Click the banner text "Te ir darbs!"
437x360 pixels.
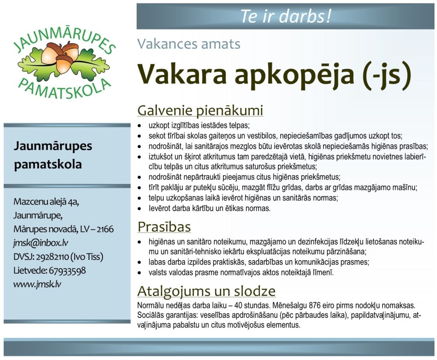click(286, 16)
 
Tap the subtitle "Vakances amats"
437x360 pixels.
click(189, 44)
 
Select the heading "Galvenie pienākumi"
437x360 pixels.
click(200, 110)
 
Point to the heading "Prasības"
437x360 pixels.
click(164, 227)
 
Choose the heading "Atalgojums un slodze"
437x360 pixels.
click(207, 291)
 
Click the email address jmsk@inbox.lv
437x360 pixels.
click(41, 243)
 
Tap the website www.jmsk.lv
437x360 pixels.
click(37, 284)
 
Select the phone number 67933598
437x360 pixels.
click(67, 270)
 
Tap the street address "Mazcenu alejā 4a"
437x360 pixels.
click(46, 202)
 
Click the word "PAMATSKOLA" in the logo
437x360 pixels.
click(64, 90)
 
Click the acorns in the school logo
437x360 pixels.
click(60, 56)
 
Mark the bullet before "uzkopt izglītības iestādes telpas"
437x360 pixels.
click(140, 126)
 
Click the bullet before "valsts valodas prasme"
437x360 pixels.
click(140, 273)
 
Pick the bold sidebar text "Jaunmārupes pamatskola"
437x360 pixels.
click(53, 155)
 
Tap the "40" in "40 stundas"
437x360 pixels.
click(238, 305)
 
